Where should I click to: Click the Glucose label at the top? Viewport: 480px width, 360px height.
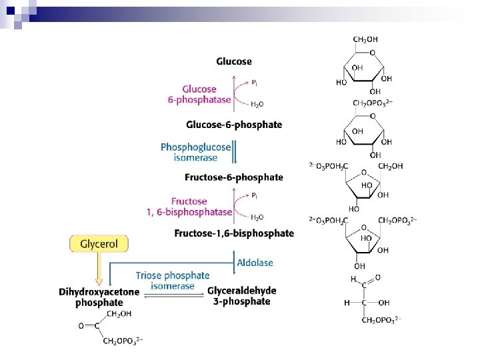(234, 61)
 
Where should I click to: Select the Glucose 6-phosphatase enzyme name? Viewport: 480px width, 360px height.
(199, 94)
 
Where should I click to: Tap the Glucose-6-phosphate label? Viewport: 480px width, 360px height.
(234, 125)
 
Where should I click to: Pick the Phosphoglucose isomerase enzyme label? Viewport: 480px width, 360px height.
(196, 152)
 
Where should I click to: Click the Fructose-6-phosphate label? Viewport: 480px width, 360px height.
(234, 177)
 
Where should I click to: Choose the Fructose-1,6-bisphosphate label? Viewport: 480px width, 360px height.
(234, 233)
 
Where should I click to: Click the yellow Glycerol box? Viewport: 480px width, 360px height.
(99, 244)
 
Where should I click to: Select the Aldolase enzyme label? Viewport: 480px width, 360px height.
(255, 263)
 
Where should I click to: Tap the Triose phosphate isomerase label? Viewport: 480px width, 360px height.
(173, 281)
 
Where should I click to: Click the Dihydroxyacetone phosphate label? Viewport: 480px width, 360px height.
(99, 297)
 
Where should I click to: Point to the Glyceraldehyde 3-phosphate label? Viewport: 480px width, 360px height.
(242, 296)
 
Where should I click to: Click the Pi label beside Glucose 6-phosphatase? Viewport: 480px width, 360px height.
(255, 82)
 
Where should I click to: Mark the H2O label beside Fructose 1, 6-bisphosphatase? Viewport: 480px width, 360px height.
(257, 217)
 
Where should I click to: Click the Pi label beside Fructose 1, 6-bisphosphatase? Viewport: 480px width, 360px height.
(255, 195)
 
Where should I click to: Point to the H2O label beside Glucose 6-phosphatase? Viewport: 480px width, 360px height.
(257, 104)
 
